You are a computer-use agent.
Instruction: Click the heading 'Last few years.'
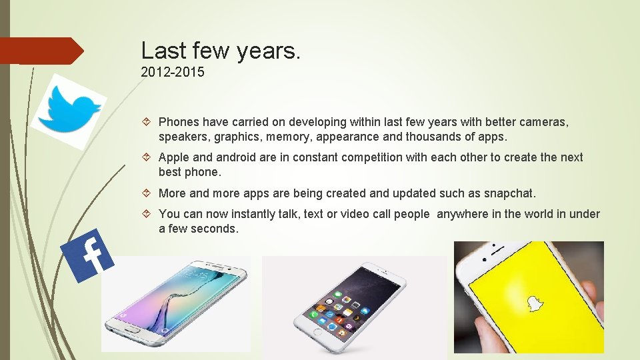[221, 51]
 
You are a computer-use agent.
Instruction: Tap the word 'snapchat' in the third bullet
[509, 193]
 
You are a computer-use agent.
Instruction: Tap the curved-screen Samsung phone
[175, 303]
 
